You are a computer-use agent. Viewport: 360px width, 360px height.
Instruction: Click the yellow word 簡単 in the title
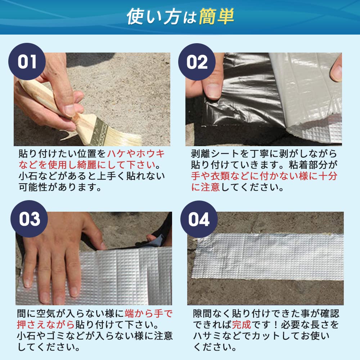click(216, 17)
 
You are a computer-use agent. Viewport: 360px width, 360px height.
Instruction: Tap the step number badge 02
click(197, 62)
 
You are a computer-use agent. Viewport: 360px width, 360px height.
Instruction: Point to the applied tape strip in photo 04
click(266, 256)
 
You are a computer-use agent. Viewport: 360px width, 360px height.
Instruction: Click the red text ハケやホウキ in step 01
click(136, 154)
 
